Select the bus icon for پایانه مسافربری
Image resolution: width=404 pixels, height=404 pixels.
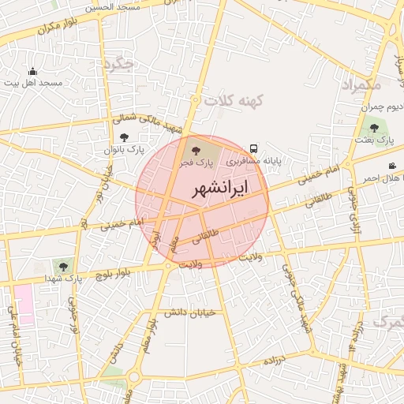pos(253,148)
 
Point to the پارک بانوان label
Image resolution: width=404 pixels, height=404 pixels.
pos(124,149)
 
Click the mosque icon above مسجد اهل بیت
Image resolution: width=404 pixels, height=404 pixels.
pos(32,72)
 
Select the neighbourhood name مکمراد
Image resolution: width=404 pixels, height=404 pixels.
pos(361,83)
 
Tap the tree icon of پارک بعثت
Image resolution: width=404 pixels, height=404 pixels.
pos(373,126)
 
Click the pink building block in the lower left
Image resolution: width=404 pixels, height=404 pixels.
pos(24,305)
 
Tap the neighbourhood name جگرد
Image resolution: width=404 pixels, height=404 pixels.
pos(123,64)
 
